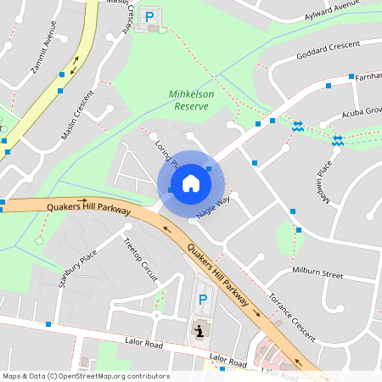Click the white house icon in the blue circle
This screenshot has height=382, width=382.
[190, 183]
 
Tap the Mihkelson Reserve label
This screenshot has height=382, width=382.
[191, 101]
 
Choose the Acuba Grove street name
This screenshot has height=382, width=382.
[362, 113]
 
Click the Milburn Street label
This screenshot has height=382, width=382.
[317, 275]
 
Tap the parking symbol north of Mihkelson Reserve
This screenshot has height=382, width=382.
[150, 16]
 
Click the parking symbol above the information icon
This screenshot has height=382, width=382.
[202, 299]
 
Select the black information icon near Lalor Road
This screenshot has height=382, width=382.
[199, 329]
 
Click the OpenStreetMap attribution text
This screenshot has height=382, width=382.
[86, 376]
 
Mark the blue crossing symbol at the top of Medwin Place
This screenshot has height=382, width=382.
[337, 140]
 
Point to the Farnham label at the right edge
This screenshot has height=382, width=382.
[368, 76]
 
